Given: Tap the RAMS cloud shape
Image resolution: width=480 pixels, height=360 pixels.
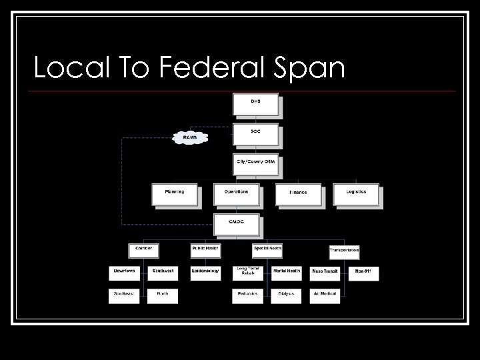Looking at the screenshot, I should (190, 138).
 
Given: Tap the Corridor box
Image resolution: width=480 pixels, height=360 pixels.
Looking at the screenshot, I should (144, 250).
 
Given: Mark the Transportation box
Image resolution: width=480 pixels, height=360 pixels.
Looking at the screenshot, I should (344, 251).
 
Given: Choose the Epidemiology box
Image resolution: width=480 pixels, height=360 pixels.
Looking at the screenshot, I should (205, 273).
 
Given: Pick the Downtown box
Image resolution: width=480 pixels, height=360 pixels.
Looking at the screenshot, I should (123, 273).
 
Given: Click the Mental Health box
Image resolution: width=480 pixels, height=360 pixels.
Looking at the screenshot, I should (287, 273).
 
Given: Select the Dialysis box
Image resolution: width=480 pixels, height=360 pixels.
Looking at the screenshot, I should (287, 295).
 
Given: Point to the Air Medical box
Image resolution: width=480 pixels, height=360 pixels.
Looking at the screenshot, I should (325, 295).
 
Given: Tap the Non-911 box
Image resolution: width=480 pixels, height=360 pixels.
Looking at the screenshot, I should (363, 273).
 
